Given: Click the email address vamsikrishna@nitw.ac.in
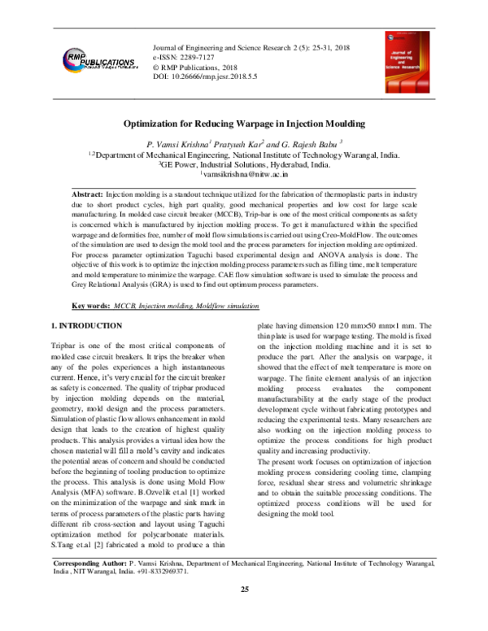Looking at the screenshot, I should pyautogui.click(x=244, y=174).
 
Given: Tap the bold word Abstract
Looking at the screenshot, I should pyautogui.click(x=87, y=197).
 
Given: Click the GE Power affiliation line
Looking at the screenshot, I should pyautogui.click(x=244, y=163).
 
